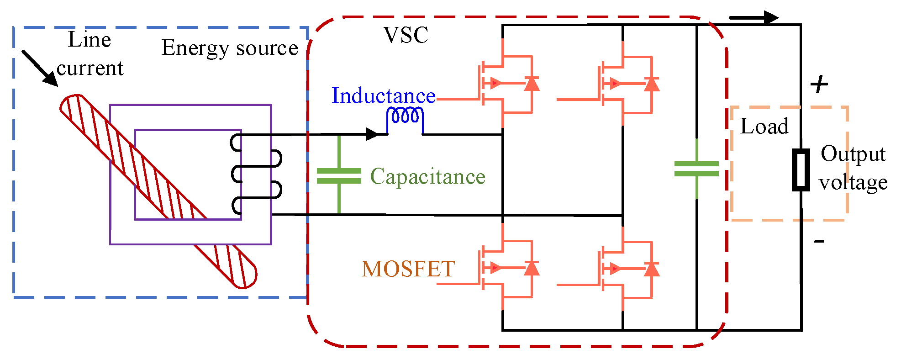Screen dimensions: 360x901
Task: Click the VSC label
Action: tap(406, 35)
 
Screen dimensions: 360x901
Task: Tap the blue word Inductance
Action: tap(383, 96)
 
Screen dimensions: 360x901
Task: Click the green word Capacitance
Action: tap(427, 177)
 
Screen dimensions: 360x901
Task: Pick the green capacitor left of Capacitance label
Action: tap(339, 176)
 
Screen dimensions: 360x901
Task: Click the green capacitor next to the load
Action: tap(696, 169)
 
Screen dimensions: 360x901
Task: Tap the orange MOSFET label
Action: tap(408, 269)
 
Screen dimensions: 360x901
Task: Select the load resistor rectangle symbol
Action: tap(801, 169)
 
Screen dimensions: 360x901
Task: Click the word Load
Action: tap(764, 127)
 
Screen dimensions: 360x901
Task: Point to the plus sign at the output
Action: tap(819, 85)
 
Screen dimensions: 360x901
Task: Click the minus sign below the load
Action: tap(819, 241)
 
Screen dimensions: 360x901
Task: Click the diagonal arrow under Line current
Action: tap(40, 68)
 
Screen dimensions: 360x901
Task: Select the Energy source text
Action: tap(230, 48)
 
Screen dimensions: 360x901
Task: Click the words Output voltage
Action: tap(853, 168)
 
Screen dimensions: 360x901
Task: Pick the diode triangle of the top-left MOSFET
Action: tap(531, 84)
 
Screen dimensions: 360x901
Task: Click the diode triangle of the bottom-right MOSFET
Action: tap(652, 269)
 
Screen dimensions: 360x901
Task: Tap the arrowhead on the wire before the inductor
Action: tap(373, 134)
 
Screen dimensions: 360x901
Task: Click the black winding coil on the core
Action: tap(256, 174)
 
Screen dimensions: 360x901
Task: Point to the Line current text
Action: tap(90, 54)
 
